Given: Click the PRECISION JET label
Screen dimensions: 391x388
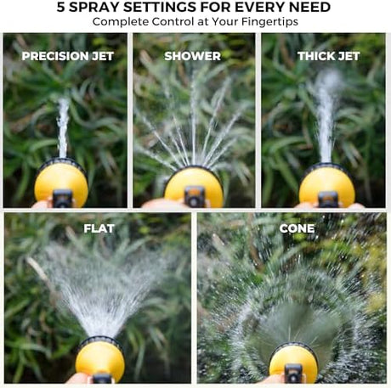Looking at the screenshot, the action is pyautogui.click(x=68, y=56).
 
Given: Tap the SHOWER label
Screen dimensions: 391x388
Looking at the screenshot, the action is pyautogui.click(x=192, y=56).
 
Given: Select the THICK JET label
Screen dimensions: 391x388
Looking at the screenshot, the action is pyautogui.click(x=328, y=56).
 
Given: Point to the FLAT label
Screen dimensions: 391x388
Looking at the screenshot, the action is pyautogui.click(x=99, y=228).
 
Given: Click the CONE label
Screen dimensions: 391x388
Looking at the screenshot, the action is pyautogui.click(x=297, y=228).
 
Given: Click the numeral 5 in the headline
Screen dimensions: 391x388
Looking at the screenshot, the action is pyautogui.click(x=60, y=7).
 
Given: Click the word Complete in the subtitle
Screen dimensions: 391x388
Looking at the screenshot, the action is pyautogui.click(x=121, y=22).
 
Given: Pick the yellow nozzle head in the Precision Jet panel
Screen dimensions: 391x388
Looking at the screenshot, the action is pyautogui.click(x=61, y=184).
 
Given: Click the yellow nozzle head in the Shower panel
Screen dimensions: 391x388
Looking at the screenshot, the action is pyautogui.click(x=194, y=186).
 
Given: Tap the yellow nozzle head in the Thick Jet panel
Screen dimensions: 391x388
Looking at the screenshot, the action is pyautogui.click(x=327, y=185).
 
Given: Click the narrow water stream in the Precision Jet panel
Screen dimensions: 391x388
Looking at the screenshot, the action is pyautogui.click(x=63, y=128).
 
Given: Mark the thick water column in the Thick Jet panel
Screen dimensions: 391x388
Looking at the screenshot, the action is pyautogui.click(x=327, y=116).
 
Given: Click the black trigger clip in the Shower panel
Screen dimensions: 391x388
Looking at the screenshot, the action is pyautogui.click(x=195, y=196).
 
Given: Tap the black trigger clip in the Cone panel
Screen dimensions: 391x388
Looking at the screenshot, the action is pyautogui.click(x=293, y=374).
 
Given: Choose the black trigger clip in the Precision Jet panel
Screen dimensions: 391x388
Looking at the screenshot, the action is pyautogui.click(x=62, y=199).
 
